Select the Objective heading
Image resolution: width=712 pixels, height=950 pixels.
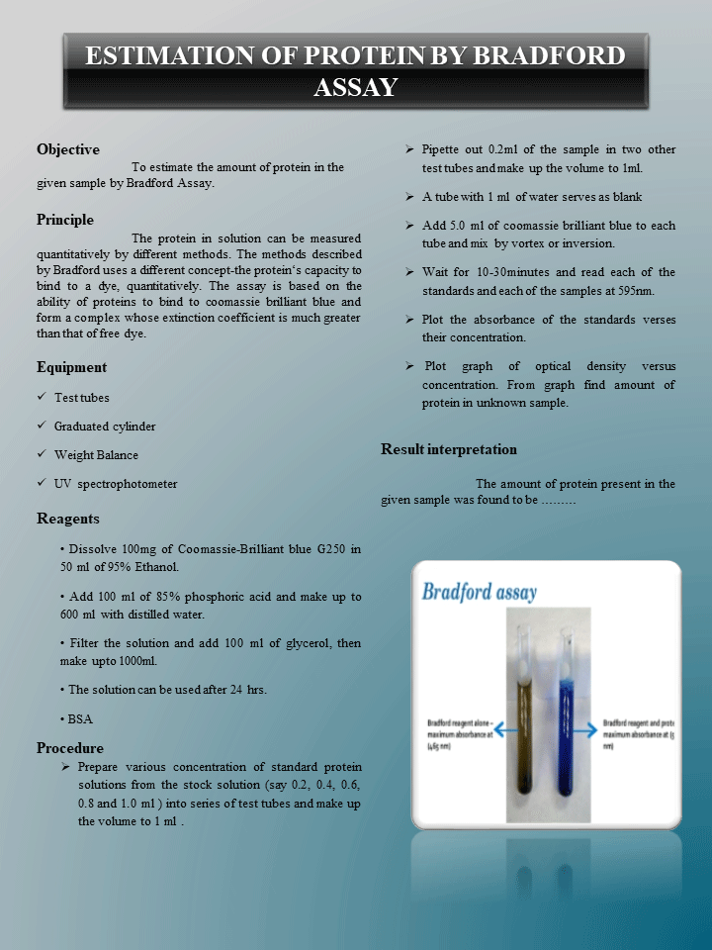(68, 149)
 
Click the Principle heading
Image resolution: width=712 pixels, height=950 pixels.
(65, 220)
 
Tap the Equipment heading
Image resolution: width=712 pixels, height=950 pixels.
(71, 367)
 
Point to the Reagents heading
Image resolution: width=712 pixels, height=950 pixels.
(67, 519)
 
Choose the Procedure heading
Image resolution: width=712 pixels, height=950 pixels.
(69, 748)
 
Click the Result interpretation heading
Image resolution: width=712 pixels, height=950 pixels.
(449, 449)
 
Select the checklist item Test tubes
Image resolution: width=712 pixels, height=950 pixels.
(81, 398)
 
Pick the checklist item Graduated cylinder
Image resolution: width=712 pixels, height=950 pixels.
(104, 427)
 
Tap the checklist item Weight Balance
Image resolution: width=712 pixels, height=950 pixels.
(96, 455)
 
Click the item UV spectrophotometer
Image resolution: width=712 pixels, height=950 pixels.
(116, 484)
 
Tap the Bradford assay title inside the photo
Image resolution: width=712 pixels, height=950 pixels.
(480, 593)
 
